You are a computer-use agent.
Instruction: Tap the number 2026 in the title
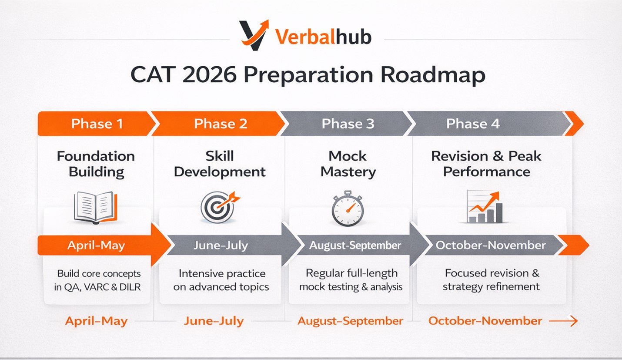pos(210,74)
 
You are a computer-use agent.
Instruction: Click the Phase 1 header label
pos(97,124)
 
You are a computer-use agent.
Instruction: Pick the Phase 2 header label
pos(221,124)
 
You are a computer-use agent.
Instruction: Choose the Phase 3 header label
pos(348,124)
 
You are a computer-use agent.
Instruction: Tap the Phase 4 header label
pos(473,124)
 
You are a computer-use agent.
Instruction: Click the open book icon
pos(96,208)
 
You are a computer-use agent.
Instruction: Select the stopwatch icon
pos(348,208)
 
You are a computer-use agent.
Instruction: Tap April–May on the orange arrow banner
pos(96,246)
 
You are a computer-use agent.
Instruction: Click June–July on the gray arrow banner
pos(221,246)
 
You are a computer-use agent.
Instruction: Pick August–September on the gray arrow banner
pos(355,246)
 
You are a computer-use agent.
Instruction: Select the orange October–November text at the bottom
pos(485,321)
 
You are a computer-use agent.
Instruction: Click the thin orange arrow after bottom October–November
pos(563,321)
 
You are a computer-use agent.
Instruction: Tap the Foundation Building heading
pos(96,164)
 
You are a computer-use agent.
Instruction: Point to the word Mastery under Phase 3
pos(348,172)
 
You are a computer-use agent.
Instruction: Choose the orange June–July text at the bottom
pos(214,321)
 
